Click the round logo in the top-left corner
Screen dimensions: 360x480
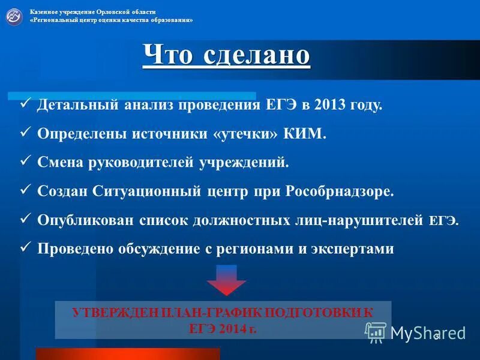14,16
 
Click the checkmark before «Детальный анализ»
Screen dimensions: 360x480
25,104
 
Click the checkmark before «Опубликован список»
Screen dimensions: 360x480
25,220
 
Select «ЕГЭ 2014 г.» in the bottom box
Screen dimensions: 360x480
223,328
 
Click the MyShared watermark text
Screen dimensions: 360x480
428,332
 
